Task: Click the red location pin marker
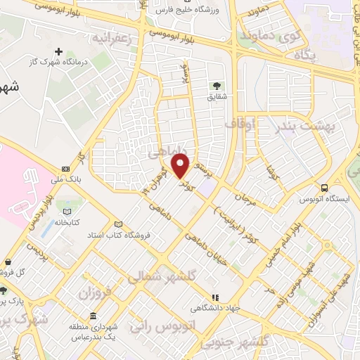click(181, 165)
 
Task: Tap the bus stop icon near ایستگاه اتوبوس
click(324, 188)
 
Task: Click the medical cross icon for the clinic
click(59, 51)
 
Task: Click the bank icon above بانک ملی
click(66, 169)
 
